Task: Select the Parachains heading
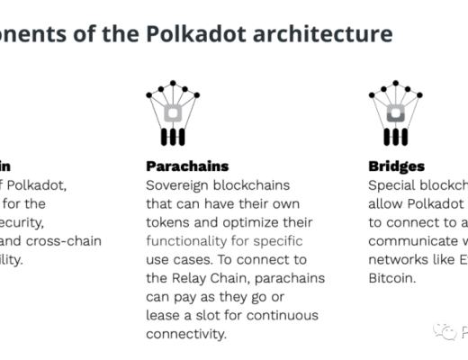tap(187, 166)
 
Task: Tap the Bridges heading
tap(396, 166)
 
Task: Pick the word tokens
tap(169, 222)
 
